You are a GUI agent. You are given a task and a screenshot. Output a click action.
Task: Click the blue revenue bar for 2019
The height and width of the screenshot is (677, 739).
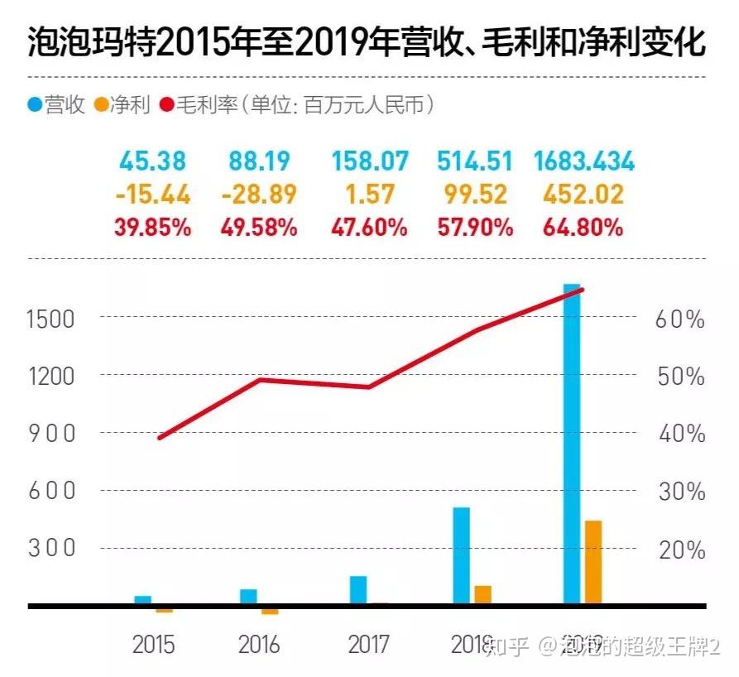point(572,447)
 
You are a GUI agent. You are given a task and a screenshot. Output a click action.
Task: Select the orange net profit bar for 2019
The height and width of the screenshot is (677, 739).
point(593,562)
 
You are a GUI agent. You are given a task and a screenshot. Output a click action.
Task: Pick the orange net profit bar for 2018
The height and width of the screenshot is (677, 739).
point(482,594)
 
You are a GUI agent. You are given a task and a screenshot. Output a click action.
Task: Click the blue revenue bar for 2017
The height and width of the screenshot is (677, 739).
point(358,589)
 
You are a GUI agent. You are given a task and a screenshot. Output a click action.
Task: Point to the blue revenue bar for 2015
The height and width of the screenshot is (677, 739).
point(143,600)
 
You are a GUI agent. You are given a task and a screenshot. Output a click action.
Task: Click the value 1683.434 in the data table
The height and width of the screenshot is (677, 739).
point(584,161)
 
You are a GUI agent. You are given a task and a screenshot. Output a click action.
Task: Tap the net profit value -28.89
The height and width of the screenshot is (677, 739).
point(259,194)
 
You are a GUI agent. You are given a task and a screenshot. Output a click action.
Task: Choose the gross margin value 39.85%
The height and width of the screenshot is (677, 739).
point(153,228)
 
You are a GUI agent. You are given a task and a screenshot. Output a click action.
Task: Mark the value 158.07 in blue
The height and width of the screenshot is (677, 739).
point(370,161)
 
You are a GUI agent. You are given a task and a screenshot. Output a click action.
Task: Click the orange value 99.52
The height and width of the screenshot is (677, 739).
point(475,194)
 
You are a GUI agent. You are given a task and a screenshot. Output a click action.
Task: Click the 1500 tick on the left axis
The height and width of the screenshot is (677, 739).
point(52,319)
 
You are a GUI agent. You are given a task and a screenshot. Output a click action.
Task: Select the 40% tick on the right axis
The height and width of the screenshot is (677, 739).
point(679,435)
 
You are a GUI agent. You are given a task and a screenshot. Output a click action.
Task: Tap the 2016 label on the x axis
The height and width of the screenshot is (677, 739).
point(259,644)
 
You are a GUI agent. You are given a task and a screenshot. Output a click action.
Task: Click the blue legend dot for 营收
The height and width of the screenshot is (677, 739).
point(36,105)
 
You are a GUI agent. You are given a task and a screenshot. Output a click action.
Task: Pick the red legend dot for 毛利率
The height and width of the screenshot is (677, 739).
point(162,105)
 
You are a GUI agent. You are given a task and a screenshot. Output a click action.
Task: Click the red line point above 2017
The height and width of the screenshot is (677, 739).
point(367,387)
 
